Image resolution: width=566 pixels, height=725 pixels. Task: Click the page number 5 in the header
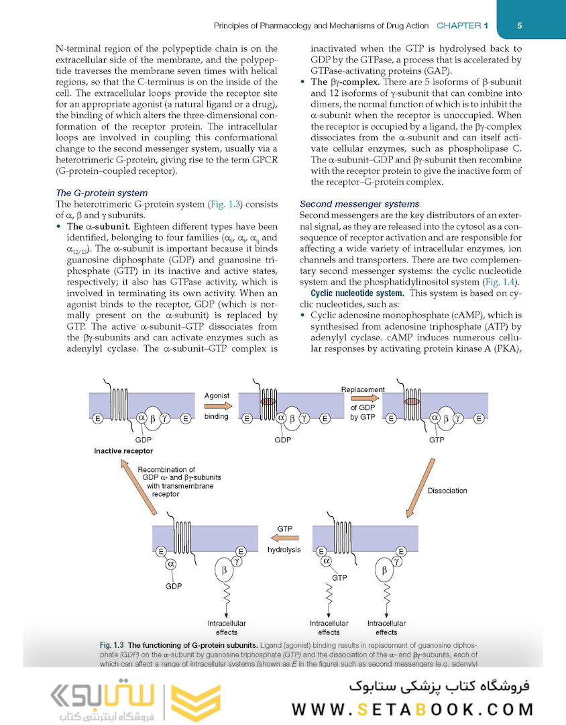520,26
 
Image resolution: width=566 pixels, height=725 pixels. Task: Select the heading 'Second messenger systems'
359,204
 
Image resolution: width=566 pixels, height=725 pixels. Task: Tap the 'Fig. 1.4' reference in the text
500,282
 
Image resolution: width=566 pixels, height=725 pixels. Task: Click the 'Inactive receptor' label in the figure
123,450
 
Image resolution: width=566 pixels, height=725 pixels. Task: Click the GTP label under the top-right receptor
437,441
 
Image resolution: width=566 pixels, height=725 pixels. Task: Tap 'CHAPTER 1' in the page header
462,26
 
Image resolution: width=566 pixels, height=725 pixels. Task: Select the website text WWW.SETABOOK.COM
412,709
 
